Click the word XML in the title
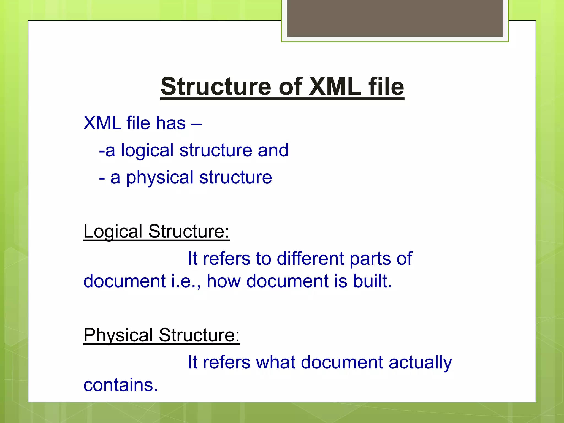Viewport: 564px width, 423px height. [335, 87]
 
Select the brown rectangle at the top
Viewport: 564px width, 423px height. [395, 18]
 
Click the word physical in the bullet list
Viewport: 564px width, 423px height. [160, 178]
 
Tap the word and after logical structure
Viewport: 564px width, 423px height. [273, 150]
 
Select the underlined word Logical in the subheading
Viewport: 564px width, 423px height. [113, 231]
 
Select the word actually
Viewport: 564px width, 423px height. [420, 363]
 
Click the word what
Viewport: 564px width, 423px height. [276, 362]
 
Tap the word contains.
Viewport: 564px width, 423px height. [121, 385]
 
